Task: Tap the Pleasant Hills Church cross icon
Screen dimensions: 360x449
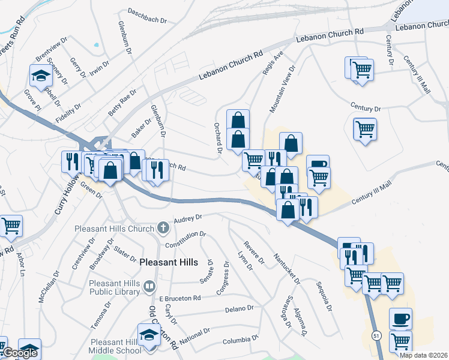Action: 163,228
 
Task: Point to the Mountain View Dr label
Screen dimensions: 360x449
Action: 283,90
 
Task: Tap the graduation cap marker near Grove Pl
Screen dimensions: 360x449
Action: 41,77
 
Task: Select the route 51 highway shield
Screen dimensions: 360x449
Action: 376,335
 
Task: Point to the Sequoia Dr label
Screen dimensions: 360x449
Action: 323,295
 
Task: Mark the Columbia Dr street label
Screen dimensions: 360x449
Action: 240,340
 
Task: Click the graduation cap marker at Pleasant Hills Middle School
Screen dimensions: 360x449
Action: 149,335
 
